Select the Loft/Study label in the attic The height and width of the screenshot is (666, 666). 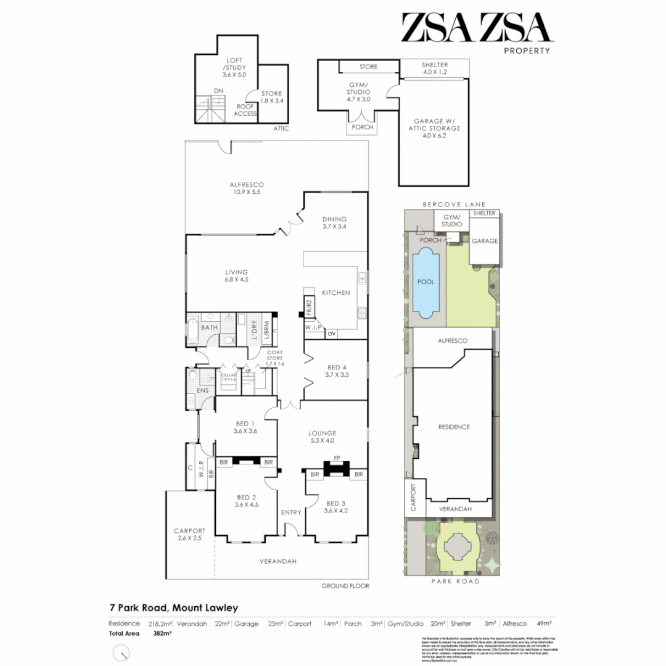tap(234, 67)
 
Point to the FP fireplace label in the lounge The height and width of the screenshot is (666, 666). tap(337, 458)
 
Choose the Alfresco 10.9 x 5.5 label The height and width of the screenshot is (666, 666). tap(247, 188)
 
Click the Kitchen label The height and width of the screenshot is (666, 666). tap(336, 292)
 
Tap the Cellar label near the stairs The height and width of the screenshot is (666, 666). tap(229, 377)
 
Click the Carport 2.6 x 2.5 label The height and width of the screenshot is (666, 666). tap(189, 534)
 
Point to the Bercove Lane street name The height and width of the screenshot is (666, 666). tap(454, 204)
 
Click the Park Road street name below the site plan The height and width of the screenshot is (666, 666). tap(454, 581)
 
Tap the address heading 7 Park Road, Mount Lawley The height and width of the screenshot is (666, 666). tap(173, 608)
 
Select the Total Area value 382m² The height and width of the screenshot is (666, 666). tap(162, 633)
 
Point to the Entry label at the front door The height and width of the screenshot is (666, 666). tap(290, 512)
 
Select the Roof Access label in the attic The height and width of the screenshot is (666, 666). tap(245, 110)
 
